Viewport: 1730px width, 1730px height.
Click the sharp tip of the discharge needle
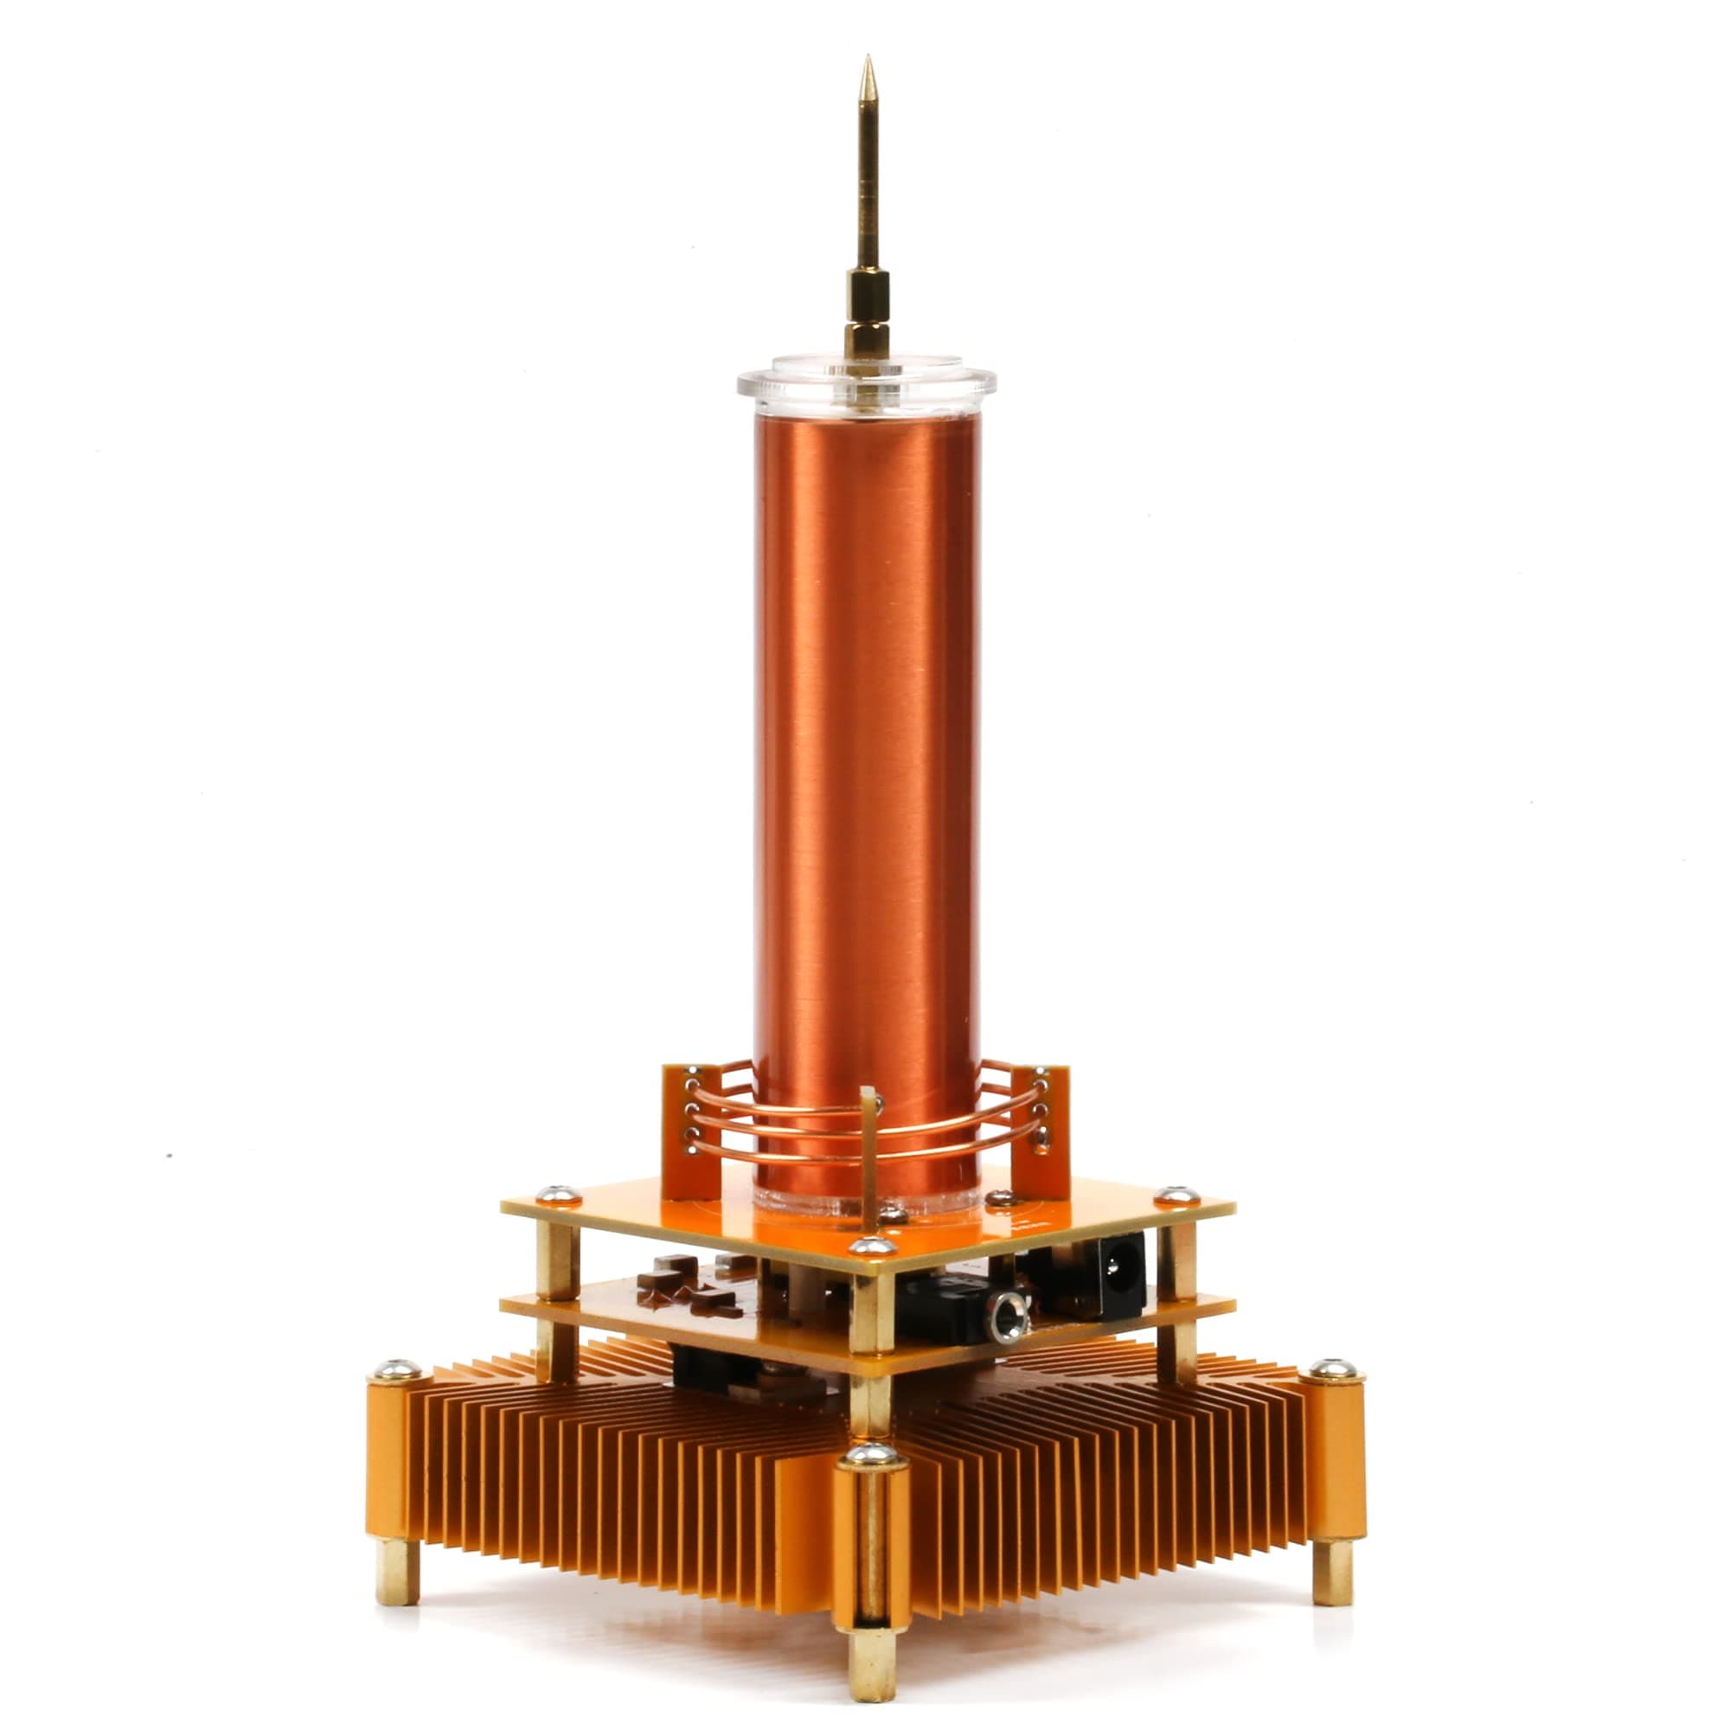[x=867, y=61]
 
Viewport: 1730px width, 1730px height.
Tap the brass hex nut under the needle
[x=866, y=340]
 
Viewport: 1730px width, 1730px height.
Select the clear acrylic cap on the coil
[x=866, y=383]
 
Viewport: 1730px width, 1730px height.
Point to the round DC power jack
[x=1115, y=1267]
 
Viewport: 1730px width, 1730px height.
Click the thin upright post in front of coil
[x=868, y=1155]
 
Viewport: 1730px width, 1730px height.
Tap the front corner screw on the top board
[x=871, y=1246]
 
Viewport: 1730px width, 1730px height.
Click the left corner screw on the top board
[x=557, y=1194]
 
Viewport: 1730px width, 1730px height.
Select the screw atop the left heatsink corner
[x=396, y=1369]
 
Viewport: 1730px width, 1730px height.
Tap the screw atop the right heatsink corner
[x=1332, y=1369]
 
